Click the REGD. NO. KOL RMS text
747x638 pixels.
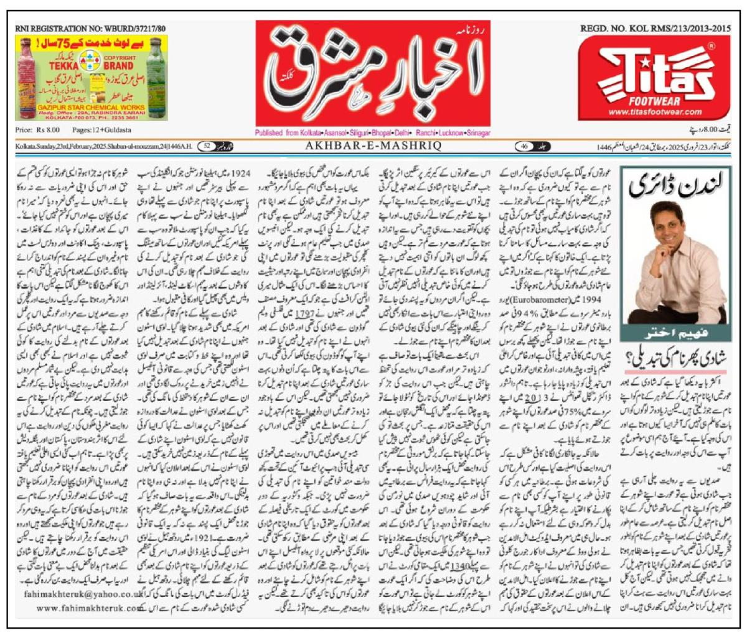(655, 29)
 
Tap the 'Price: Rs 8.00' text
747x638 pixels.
(37, 130)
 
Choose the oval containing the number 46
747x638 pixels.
(524, 147)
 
